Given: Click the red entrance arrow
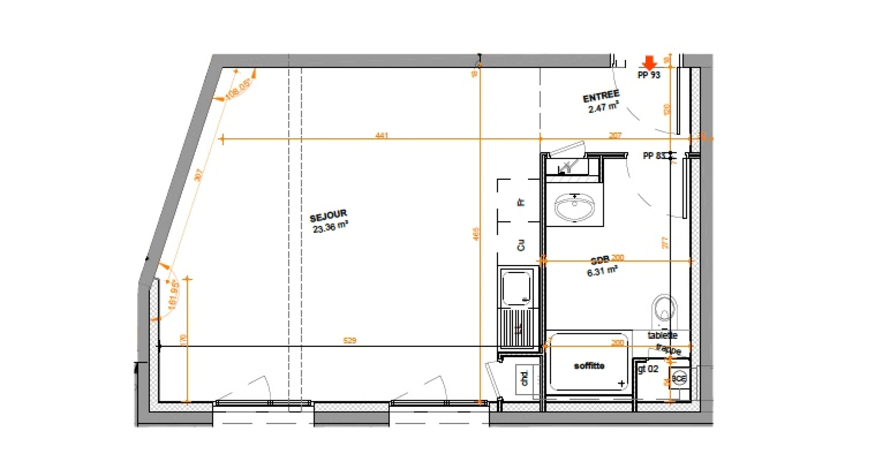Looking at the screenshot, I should click(649, 63).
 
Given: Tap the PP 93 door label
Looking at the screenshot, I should click(649, 75).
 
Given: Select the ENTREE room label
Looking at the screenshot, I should click(601, 96).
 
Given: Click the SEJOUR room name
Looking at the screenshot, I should click(328, 216).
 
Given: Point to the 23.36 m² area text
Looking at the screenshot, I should click(330, 227).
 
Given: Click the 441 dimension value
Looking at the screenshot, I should click(381, 135).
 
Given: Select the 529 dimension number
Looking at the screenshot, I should click(349, 340).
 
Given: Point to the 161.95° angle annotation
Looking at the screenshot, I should click(173, 295).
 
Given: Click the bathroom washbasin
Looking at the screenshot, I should click(574, 208).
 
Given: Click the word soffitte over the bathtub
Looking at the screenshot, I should click(589, 366).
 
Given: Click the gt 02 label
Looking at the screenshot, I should click(648, 369).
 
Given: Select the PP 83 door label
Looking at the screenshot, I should click(654, 155).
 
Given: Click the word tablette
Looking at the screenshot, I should click(662, 335).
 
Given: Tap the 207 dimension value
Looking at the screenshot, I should click(615, 135).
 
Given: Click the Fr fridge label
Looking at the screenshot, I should click(521, 202).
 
